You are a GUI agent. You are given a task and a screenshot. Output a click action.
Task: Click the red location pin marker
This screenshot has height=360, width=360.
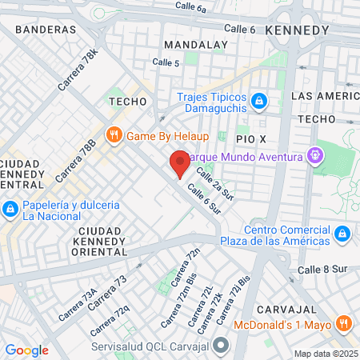coord(180,163)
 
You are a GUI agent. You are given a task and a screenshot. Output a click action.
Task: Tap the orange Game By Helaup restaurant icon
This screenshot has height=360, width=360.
coord(114,134)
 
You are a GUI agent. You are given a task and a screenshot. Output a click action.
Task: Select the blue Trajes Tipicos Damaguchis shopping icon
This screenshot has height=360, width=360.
coord(258,101)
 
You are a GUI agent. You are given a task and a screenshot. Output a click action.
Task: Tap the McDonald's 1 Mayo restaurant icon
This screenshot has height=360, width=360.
coord(343,324)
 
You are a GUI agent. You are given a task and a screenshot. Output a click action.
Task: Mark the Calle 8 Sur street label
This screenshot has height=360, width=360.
coord(320,270)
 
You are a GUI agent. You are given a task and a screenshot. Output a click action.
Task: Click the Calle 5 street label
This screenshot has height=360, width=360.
coord(166,62)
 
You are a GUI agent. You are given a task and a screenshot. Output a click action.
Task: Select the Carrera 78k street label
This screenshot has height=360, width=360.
coord(78,69)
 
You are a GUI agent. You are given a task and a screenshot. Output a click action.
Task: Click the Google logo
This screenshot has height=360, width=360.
coord(26,350)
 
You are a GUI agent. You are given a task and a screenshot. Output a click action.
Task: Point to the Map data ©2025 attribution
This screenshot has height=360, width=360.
coord(325,354)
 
